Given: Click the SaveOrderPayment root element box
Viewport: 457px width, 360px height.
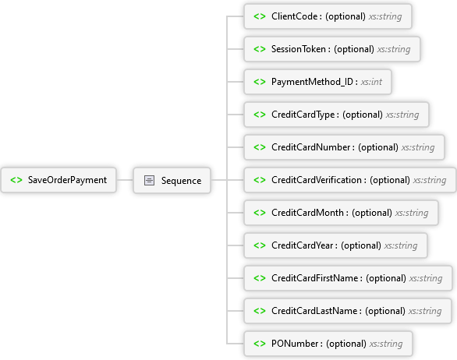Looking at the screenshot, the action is pos(58,180).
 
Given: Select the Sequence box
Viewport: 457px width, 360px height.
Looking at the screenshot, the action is pos(172,180).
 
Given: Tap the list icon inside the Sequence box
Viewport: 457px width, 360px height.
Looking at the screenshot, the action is pos(149,180).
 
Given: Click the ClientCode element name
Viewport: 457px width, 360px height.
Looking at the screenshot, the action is pos(294,16).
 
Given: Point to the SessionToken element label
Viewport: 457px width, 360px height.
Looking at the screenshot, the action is pos(299,49).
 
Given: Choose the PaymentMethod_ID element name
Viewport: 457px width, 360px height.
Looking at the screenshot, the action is pos(312,82).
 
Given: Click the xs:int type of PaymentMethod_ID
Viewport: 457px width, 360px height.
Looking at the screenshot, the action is pos(371,82).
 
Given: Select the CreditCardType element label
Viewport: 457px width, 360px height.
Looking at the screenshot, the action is pos(303,115).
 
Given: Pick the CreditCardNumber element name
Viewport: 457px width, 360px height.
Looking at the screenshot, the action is pos(310,147).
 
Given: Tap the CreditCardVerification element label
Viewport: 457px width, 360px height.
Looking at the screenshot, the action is pos(317,180).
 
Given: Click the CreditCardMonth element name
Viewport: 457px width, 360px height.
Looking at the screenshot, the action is pos(307,213).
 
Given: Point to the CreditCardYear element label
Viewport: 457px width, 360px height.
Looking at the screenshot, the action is pos(303,245).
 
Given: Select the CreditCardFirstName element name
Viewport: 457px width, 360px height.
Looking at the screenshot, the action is pos(315,278).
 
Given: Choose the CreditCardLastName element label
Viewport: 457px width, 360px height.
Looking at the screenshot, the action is pos(314,311).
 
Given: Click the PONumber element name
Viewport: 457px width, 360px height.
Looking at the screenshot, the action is pos(295,344).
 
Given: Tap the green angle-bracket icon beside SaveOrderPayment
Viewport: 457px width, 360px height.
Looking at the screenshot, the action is pos(16,180).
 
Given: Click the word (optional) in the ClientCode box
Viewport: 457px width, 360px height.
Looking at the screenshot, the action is pos(345,16).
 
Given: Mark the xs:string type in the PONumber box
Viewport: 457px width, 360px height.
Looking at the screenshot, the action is pos(386,344).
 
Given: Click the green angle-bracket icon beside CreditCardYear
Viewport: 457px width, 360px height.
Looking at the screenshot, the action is pos(260,245).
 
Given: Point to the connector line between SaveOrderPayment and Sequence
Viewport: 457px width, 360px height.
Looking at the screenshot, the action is pos(125,180).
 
